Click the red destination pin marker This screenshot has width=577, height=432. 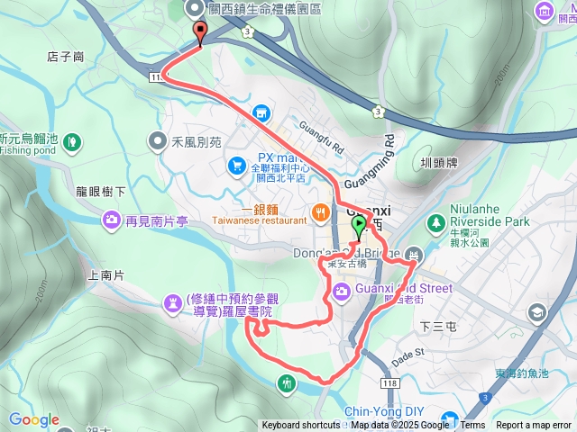coord(199,31)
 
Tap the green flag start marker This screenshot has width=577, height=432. coord(359,226)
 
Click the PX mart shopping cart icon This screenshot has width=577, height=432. coord(236,165)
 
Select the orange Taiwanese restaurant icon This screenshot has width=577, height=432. coord(320,212)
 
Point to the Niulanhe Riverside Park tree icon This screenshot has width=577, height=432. coord(436,220)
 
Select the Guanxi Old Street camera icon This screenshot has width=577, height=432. coord(341,290)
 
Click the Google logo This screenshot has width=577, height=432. coord(34,420)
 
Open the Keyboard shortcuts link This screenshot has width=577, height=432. coord(301,426)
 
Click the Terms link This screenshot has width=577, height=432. coord(472,426)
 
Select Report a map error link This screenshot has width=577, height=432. coord(534,426)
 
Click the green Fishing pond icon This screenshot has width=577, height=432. coord(72,141)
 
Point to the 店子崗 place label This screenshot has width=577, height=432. coord(65,57)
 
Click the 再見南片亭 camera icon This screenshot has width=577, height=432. coord(111,219)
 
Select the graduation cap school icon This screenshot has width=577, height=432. coord(537,313)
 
